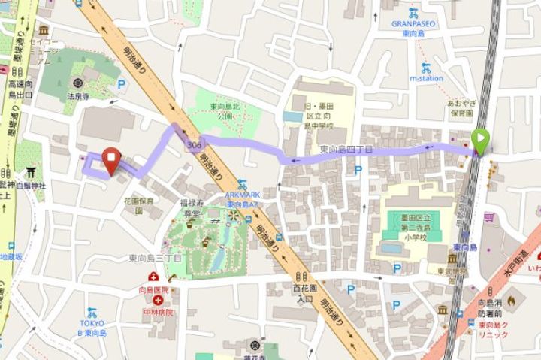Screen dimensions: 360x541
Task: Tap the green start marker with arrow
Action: (x=481, y=141)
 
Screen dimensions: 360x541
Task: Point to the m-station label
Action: (x=426, y=77)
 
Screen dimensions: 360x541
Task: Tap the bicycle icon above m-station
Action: (x=426, y=65)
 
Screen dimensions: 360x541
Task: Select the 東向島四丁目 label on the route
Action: (x=346, y=149)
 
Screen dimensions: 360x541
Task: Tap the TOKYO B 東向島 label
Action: (x=92, y=328)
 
